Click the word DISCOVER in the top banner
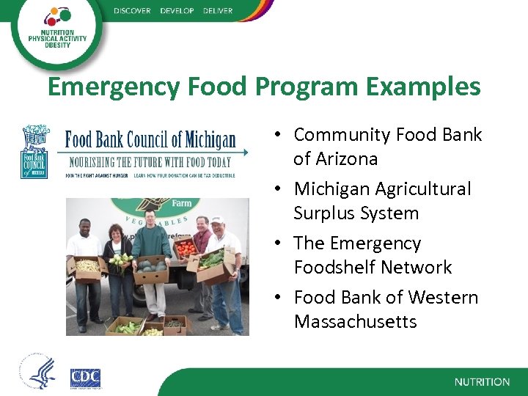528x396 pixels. (132, 10)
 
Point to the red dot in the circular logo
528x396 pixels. (65, 14)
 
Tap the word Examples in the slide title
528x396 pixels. (423, 87)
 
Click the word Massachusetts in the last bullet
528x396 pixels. (355, 321)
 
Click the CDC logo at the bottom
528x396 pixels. (85, 378)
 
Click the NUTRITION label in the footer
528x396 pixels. (482, 382)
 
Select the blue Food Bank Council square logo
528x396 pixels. (34, 153)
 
